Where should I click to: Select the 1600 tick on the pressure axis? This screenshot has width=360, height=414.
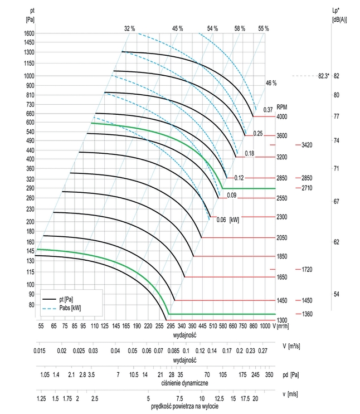pos(30,33)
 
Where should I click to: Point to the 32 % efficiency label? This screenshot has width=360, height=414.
pos(130,28)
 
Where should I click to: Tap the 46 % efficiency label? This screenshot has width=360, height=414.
pos(271,83)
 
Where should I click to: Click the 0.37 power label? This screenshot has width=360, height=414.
pos(268,110)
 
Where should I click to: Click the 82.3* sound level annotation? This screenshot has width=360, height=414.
pos(320,76)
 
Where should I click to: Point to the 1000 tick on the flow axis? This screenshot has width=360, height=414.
pos(265,327)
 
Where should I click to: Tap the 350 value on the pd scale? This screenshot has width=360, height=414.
pos(269,374)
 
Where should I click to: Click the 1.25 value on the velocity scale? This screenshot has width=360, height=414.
pos(41,400)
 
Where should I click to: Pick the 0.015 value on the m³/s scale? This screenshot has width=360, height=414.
pos(38,352)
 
